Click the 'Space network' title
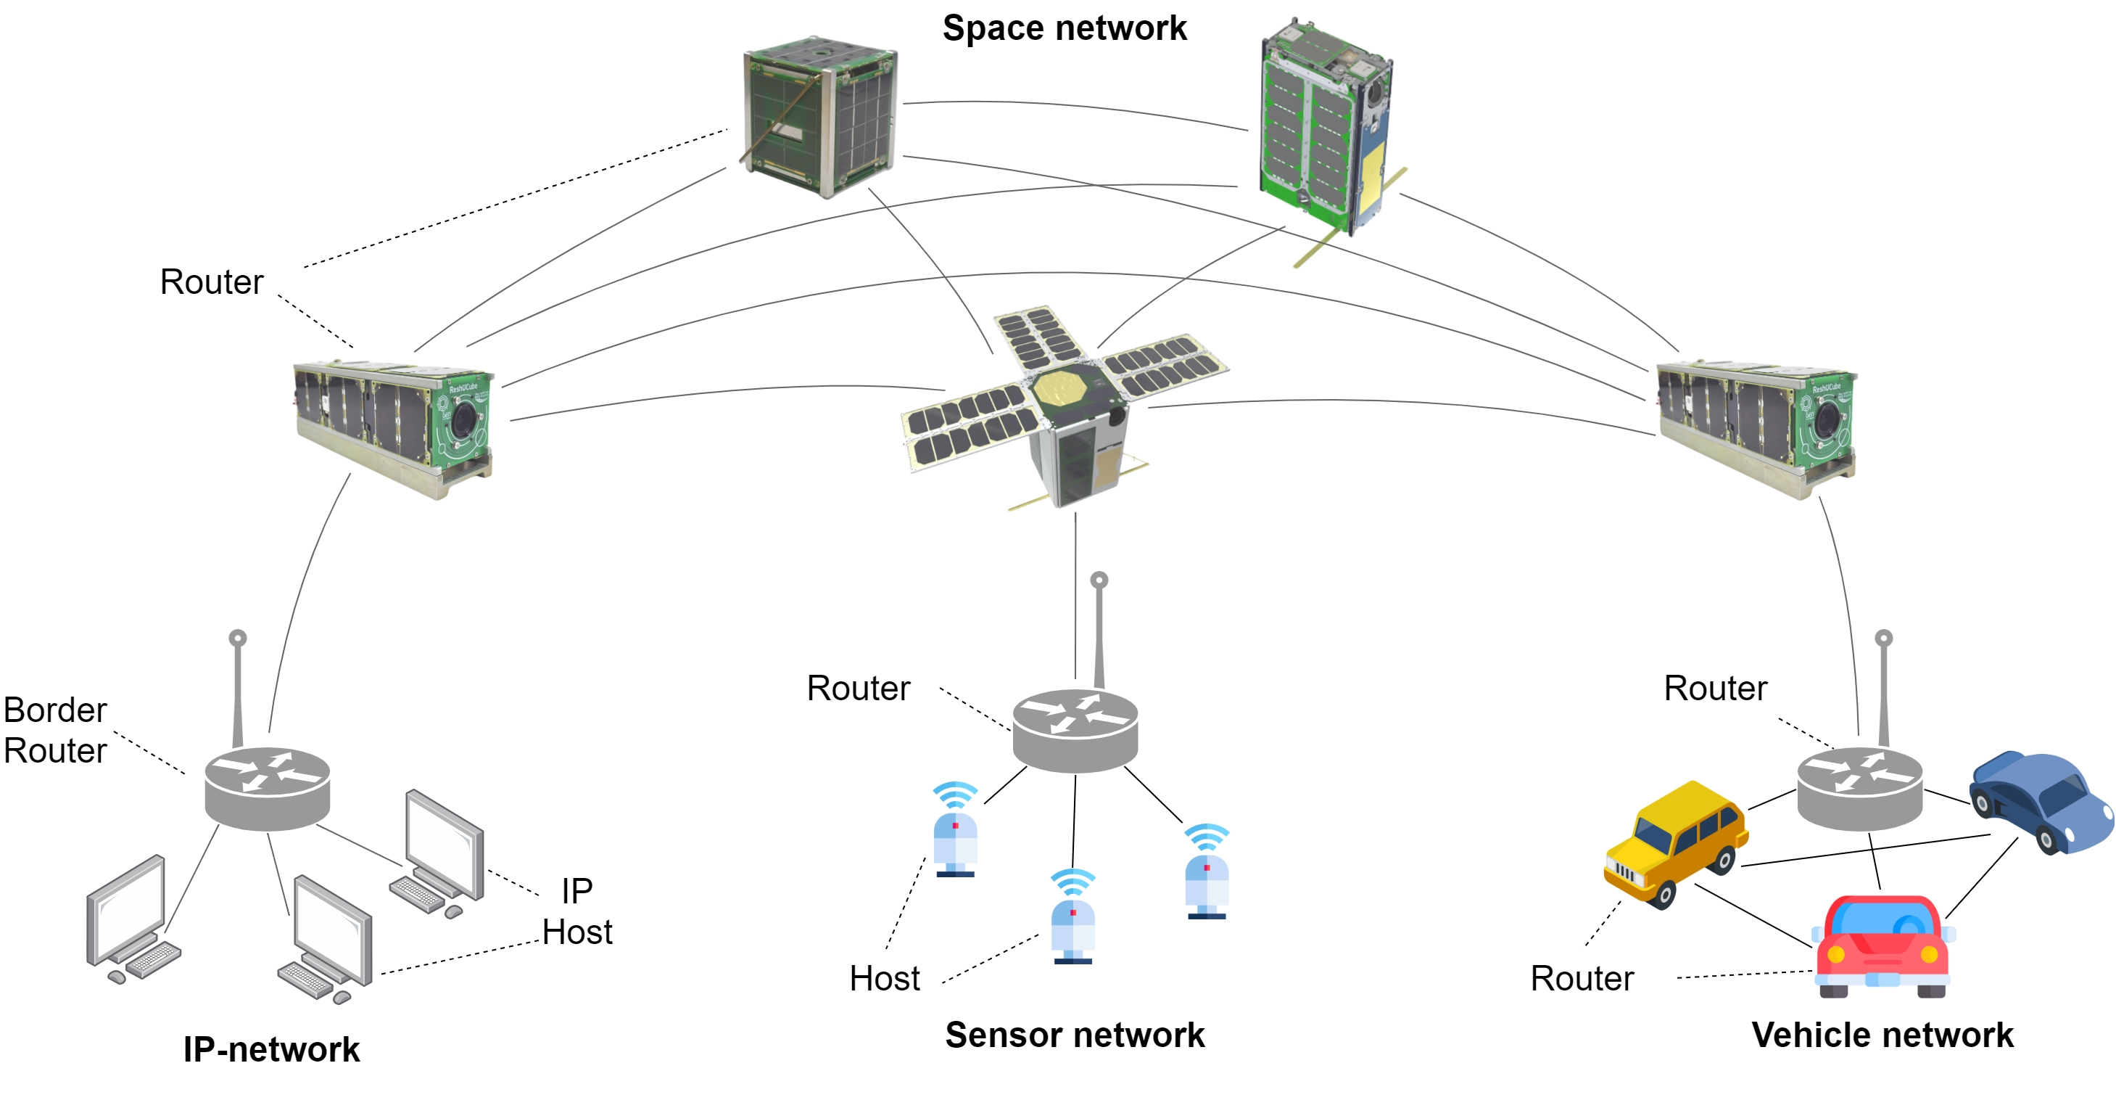coord(1064,29)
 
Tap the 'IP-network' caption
coord(271,1050)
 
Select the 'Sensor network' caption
coord(1075,1035)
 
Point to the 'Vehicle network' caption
coord(1882,1035)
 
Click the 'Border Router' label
coord(55,730)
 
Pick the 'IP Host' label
coord(576,911)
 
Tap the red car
coord(1882,945)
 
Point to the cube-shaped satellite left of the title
coord(819,117)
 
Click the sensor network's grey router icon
coord(1075,730)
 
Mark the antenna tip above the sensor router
coord(1099,580)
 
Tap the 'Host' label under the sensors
coord(884,978)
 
